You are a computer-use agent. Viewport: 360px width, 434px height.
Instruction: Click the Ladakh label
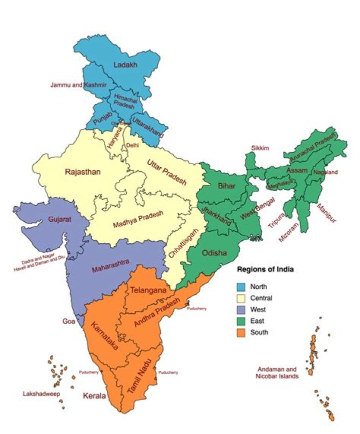point(124,65)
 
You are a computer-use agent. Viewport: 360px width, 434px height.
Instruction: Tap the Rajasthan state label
point(82,172)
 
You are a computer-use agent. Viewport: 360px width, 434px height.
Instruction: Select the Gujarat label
point(60,219)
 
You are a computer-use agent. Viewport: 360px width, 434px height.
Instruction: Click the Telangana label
point(148,290)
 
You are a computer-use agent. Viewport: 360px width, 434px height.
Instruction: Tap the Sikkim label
point(260,148)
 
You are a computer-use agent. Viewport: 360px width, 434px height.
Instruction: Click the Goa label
point(68,321)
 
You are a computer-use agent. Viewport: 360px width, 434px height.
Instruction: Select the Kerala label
point(94,396)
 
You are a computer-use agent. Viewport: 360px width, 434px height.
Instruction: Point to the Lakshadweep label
point(41,394)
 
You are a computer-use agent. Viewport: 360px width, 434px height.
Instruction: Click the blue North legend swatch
point(241,287)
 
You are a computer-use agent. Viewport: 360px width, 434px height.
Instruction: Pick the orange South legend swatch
point(241,332)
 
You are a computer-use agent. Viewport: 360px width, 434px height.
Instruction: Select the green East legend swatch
point(241,321)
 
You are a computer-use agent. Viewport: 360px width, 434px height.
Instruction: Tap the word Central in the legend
point(262,298)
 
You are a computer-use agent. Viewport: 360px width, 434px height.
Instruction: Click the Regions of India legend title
point(265,269)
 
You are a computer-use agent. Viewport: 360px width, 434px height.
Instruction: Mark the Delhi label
point(132,145)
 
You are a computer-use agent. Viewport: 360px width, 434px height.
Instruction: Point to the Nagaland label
point(325,172)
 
